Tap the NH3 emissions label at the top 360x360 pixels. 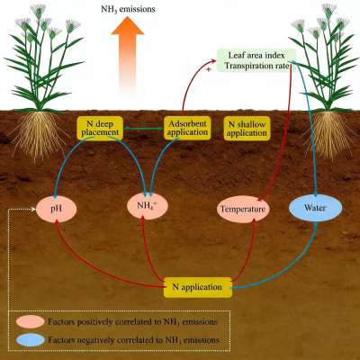(128, 9)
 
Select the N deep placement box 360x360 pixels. (100, 128)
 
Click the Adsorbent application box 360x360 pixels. (187, 128)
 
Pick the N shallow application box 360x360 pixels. (247, 129)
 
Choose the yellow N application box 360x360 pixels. (197, 287)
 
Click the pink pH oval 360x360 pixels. (56, 209)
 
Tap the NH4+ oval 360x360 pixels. (148, 206)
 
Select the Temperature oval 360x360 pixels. (243, 209)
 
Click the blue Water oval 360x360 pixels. (315, 208)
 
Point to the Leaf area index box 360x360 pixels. (256, 60)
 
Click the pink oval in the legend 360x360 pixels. (31, 322)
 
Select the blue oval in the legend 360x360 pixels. (31, 340)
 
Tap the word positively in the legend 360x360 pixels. (94, 322)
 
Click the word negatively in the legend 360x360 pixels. (95, 340)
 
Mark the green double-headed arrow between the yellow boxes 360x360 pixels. (143, 129)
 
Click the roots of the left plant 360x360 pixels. (39, 135)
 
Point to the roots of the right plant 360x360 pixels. (328, 135)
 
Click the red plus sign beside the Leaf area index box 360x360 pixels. (209, 69)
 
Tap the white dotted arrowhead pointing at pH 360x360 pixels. (33, 209)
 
